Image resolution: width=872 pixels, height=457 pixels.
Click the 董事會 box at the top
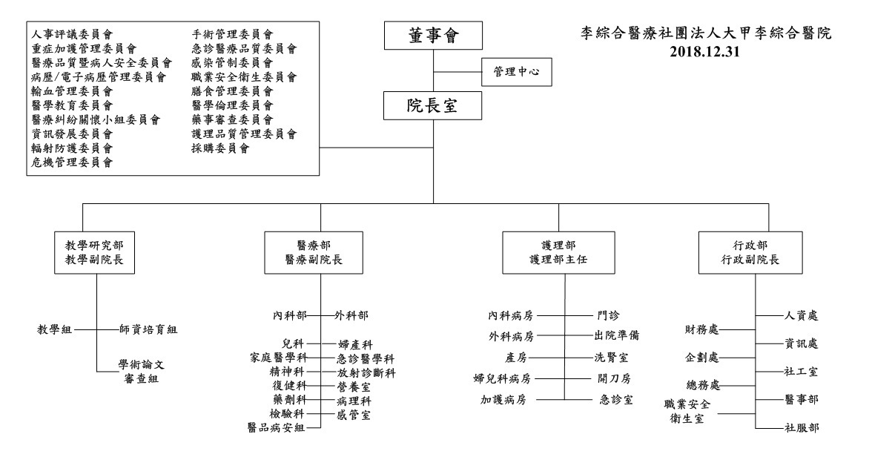coord(434,36)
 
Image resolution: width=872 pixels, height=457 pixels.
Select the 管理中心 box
coord(518,72)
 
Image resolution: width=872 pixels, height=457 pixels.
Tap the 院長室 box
coord(434,106)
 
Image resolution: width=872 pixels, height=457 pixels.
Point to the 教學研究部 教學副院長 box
coord(96,253)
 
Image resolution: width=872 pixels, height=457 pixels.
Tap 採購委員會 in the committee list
coord(219,148)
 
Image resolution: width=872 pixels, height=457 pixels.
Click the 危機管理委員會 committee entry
coord(73,162)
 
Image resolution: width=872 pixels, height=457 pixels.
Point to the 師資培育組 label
coord(148,329)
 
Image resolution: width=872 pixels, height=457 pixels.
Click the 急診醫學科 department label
coord(366,358)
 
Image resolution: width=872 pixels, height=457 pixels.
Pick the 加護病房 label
coord(507,400)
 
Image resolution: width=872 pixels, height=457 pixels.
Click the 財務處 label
coord(702,329)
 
